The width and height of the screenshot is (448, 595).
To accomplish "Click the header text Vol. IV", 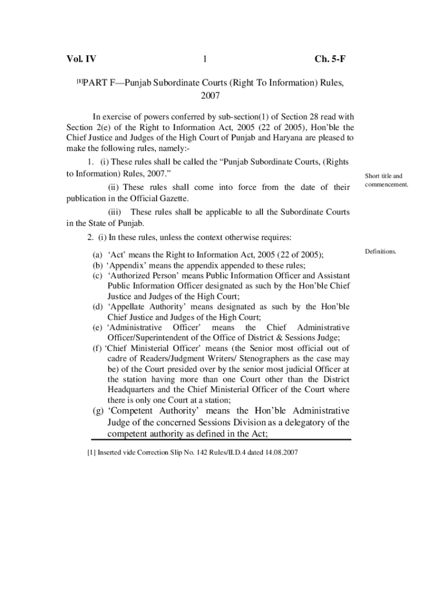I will point(81,59).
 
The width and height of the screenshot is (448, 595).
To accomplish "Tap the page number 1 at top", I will point(205,59).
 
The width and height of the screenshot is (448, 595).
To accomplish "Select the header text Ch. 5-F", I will point(330,59).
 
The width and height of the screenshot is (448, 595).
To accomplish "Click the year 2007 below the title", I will point(209,95).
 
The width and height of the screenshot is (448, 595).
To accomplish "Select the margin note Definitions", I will point(381,252).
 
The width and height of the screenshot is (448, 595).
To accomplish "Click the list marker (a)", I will point(97,255).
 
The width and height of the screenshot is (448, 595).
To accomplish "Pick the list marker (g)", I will point(98,411).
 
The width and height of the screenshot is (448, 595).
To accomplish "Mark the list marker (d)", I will point(98,306).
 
